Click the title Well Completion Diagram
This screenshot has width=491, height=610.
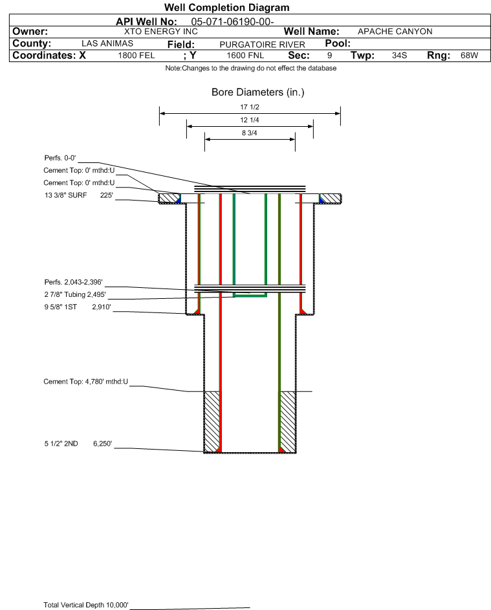(227, 7)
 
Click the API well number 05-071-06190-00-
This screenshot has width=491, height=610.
(232, 22)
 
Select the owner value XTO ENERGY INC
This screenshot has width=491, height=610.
(160, 32)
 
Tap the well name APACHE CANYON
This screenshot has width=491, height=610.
(395, 32)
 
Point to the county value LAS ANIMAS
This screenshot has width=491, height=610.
(107, 43)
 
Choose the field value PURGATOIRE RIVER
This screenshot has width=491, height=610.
(262, 45)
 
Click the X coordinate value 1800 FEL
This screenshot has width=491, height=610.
(136, 55)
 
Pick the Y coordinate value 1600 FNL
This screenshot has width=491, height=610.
(245, 55)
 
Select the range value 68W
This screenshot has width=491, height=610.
(469, 55)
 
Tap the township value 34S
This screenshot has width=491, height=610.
(399, 55)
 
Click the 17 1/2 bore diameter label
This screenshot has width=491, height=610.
(250, 107)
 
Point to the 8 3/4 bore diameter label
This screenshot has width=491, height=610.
(250, 133)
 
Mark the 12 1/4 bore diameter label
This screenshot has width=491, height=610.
(250, 120)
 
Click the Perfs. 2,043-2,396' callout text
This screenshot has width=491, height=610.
(73, 282)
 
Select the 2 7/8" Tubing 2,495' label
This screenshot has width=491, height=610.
(74, 294)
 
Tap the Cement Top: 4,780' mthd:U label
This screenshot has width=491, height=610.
(85, 382)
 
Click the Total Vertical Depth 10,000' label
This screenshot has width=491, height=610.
(85, 605)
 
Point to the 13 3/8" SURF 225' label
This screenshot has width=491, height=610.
(78, 195)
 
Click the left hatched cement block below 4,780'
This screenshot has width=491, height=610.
(212, 421)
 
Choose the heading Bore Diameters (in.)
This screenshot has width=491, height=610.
(258, 93)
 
